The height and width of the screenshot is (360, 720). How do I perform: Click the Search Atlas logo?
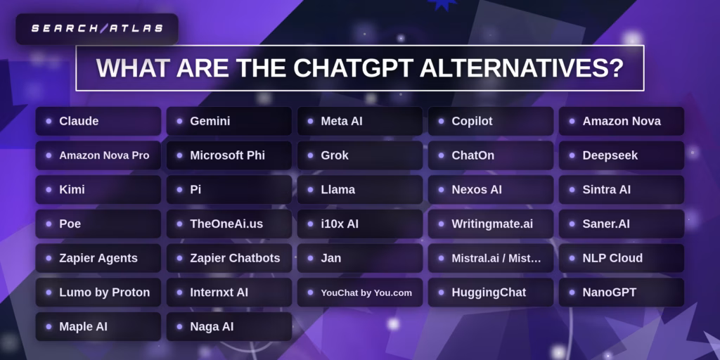[x=97, y=28]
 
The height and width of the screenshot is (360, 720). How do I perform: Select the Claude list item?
[x=98, y=121]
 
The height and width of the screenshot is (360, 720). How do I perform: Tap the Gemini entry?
[x=229, y=121]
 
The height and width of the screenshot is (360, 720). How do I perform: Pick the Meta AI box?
[x=360, y=121]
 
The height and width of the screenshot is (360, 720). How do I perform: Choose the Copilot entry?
[x=491, y=121]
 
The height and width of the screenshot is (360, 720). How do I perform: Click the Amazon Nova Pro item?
[x=98, y=155]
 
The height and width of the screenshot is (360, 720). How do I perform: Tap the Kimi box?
[x=98, y=190]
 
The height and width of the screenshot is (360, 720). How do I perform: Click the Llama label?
[x=338, y=190]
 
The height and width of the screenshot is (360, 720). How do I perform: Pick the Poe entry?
[x=98, y=224]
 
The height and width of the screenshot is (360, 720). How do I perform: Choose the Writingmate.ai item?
[x=491, y=224]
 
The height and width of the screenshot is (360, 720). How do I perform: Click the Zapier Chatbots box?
[x=229, y=258]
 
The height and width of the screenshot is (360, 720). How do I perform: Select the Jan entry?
[x=360, y=258]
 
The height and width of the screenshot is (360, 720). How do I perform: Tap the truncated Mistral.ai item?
[x=491, y=258]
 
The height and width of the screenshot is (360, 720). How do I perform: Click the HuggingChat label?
[x=489, y=292]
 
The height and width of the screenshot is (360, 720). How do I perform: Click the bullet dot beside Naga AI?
[x=179, y=327]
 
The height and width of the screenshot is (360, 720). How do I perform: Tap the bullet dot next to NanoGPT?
[x=572, y=292]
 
